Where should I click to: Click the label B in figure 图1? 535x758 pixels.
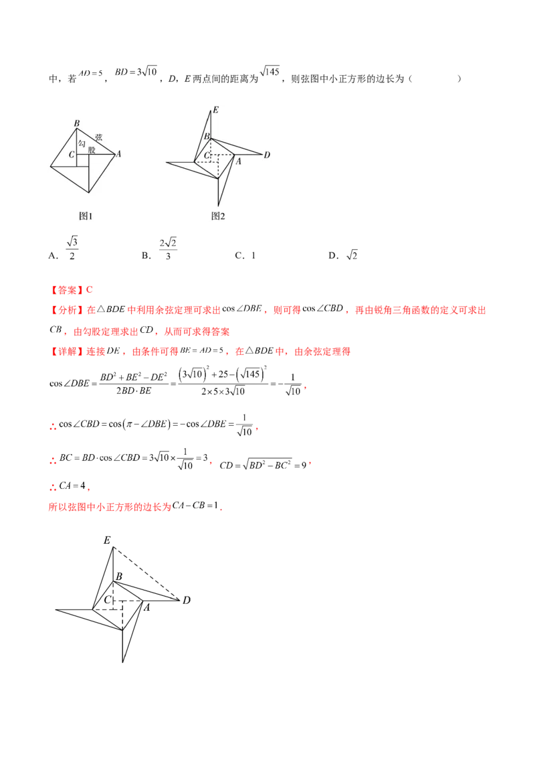pyautogui.click(x=77, y=123)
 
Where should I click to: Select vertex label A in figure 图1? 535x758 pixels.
pyautogui.click(x=118, y=154)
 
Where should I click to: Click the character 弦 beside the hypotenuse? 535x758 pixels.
pyautogui.click(x=99, y=135)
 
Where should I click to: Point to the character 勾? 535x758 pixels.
pyautogui.click(x=82, y=144)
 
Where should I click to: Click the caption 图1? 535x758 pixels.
pyautogui.click(x=86, y=216)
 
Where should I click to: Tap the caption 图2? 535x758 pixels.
pyautogui.click(x=218, y=216)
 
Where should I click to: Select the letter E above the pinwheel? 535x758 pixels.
pyautogui.click(x=215, y=109)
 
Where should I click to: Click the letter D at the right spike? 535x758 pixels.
pyautogui.click(x=266, y=155)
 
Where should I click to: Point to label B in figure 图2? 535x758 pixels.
pyautogui.click(x=207, y=137)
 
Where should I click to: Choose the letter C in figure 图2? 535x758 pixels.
pyautogui.click(x=207, y=155)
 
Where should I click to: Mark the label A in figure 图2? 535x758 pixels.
pyautogui.click(x=238, y=161)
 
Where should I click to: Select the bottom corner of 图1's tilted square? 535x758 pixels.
pyautogui.click(x=89, y=194)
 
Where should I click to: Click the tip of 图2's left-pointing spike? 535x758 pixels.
pyautogui.click(x=167, y=162)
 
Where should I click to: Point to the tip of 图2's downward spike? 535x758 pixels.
pyautogui.click(x=219, y=204)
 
